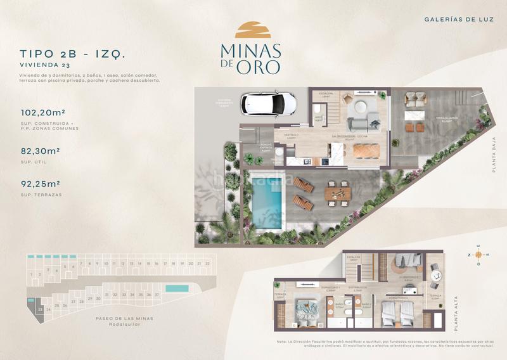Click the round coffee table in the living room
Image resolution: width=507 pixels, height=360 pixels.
tap(366, 105)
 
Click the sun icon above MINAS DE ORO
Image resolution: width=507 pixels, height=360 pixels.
tap(253, 30)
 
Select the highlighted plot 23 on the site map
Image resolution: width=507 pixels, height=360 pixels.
tap(40, 309)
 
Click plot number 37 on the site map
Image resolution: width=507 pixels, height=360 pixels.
tap(157, 294)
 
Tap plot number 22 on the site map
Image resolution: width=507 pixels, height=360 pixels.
tap(207, 262)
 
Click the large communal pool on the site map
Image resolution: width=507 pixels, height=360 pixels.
tap(176, 288)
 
